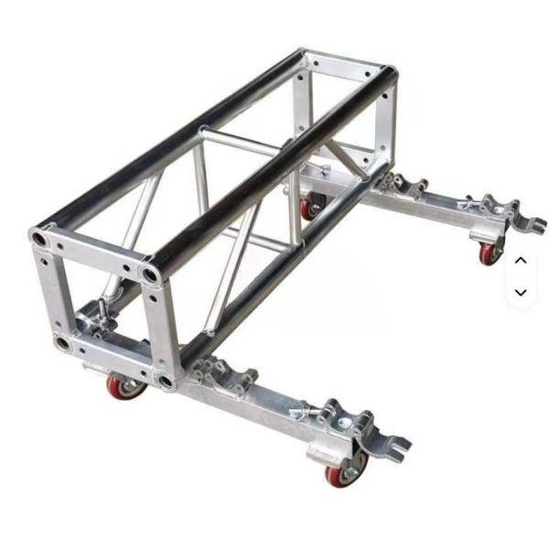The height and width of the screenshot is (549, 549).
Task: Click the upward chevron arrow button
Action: (521, 260)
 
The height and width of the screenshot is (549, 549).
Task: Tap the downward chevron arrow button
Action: (521, 293)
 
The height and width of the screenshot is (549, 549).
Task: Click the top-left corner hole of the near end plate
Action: (40, 238)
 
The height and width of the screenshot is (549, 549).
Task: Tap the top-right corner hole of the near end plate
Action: (149, 274)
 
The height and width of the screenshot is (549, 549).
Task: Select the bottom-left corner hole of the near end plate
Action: (60, 342)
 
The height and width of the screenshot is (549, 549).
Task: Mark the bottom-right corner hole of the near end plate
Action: (165, 380)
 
